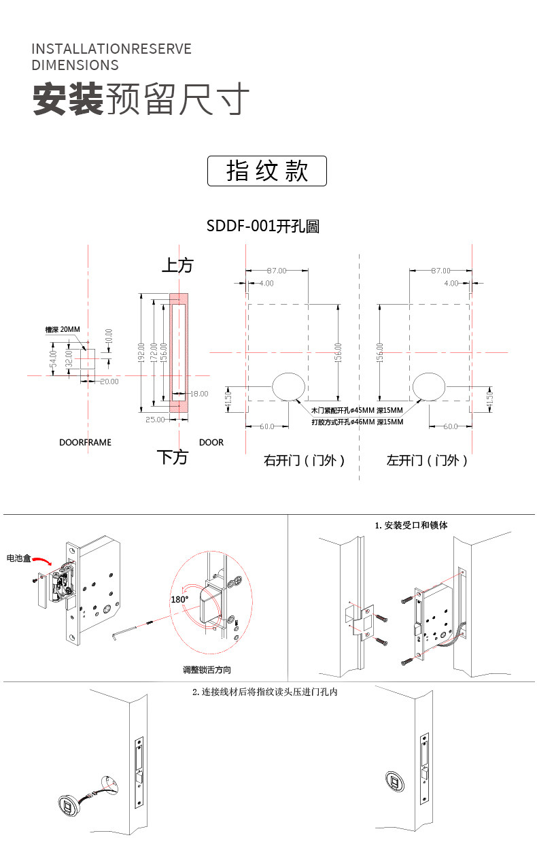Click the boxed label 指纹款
coord(266,171)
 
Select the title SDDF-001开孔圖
coord(262,226)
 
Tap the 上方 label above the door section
coord(177,265)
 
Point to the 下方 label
coord(172,456)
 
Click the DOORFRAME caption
coord(85,442)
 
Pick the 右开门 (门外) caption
coord(305,460)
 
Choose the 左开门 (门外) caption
coord(427,460)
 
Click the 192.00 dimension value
coord(141,353)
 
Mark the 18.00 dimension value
coord(199,394)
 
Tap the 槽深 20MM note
coord(63,329)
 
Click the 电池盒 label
coord(19,558)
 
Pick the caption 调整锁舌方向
coord(207,670)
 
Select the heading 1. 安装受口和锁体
coord(411,525)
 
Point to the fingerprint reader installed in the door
coord(395,781)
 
